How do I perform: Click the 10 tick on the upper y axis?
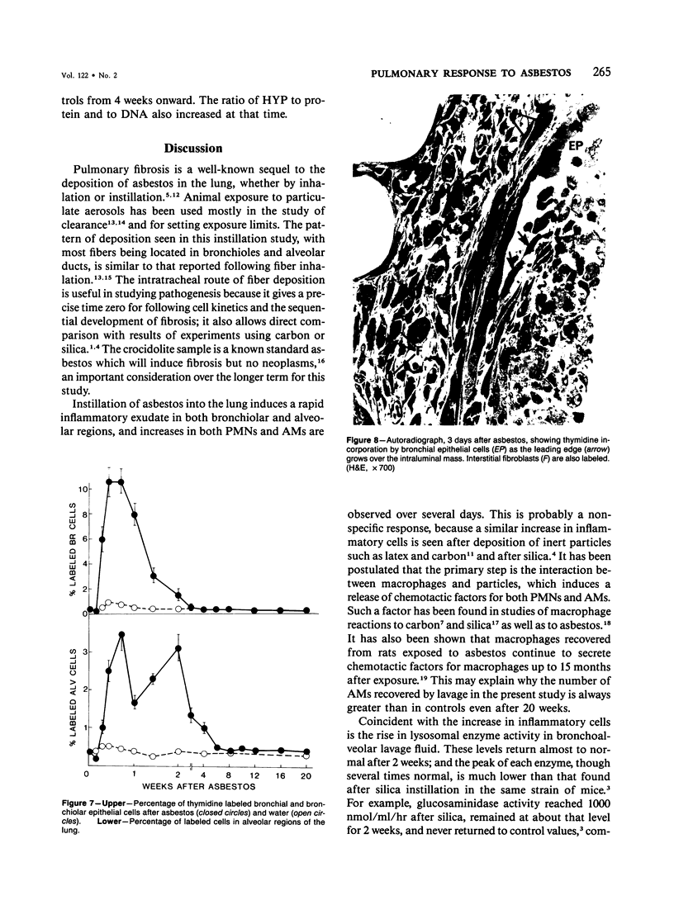coord(80,489)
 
